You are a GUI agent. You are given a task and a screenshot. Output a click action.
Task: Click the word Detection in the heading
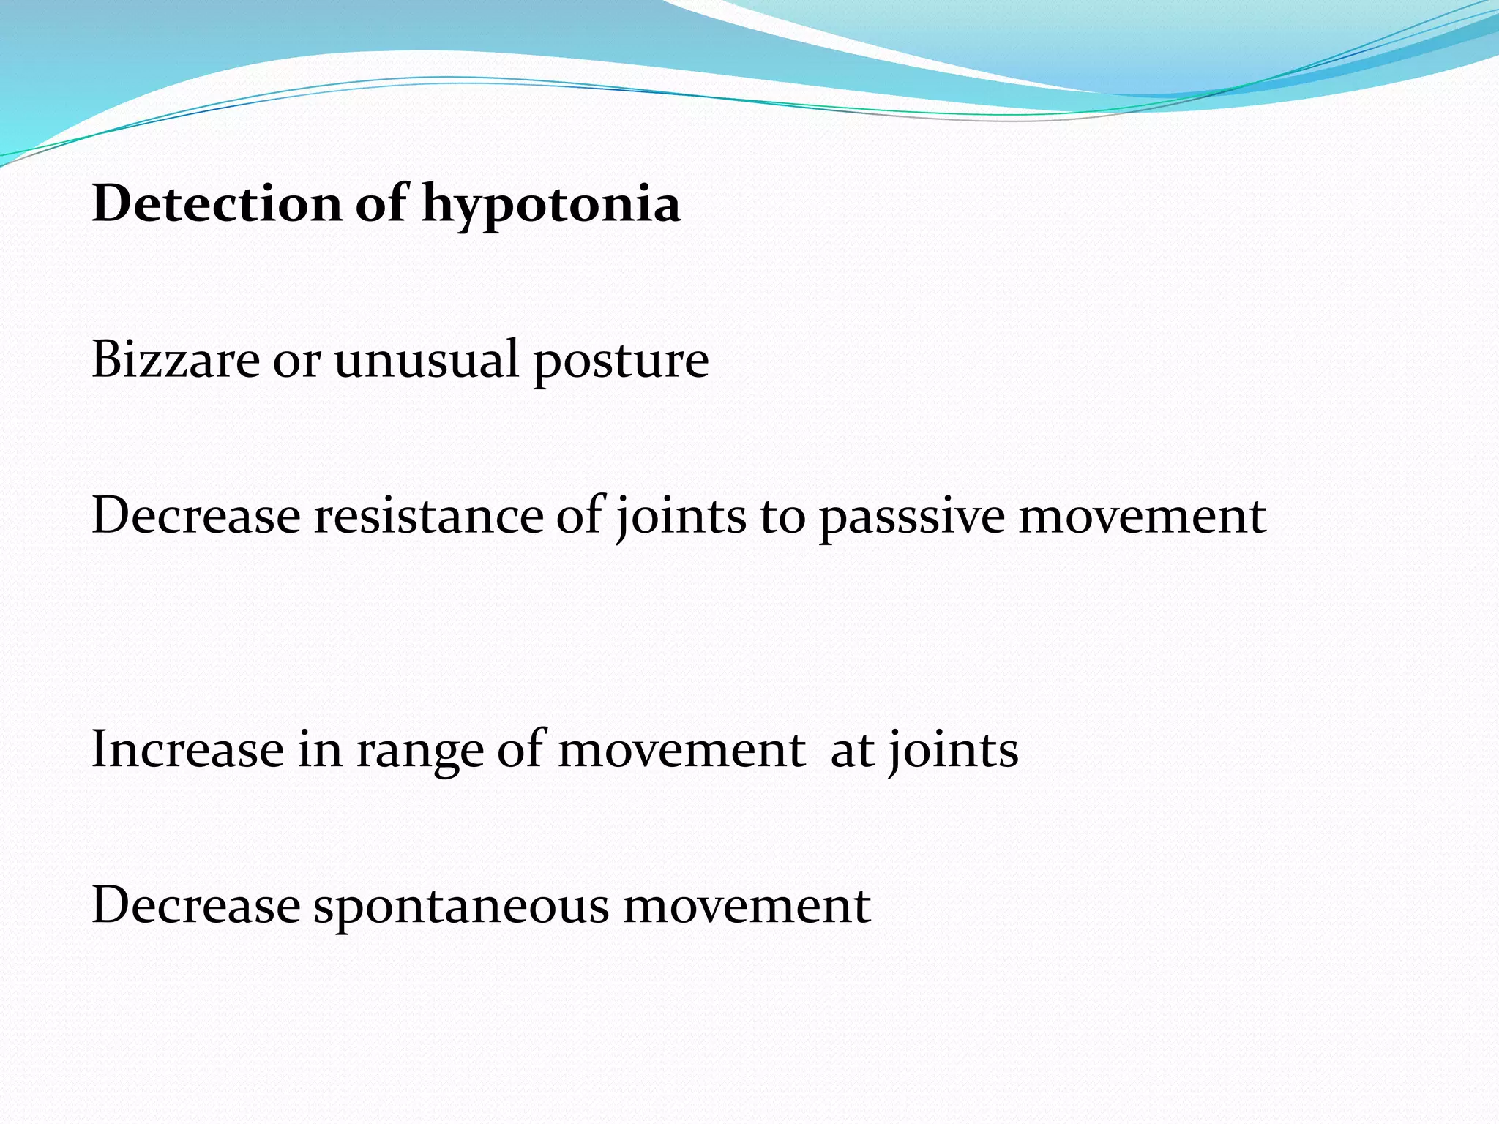217,203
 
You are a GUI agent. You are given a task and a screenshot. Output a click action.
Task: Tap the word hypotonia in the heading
551,205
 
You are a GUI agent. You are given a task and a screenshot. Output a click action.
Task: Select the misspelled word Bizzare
176,359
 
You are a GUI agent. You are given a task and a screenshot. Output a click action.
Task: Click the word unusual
426,359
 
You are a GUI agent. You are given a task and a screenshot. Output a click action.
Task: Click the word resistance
428,515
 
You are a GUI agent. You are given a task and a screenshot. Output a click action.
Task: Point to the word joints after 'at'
953,751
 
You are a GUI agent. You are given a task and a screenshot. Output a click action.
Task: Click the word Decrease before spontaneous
196,905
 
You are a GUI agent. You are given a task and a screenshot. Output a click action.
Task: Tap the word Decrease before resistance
196,515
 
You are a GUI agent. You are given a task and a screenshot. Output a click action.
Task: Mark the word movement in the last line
747,906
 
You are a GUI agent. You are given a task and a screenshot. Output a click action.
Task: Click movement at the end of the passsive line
1143,516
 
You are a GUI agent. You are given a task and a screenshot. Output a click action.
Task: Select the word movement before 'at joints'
681,750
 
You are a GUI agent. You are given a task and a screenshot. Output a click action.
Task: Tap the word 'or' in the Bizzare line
296,361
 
